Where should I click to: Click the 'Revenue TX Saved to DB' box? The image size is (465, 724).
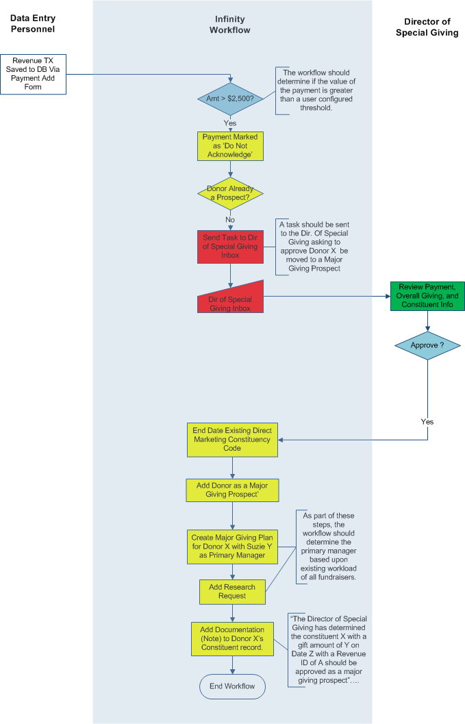34,75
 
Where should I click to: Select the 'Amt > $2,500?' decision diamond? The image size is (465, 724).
230,99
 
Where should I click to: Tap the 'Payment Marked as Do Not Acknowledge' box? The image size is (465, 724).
230,147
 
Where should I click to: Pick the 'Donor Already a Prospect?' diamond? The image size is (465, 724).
230,193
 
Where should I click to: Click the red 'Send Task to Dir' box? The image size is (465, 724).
230,247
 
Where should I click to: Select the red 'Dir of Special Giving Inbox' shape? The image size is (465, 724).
230,299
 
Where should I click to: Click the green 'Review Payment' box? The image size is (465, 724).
427,296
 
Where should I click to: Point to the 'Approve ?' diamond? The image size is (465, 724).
427,345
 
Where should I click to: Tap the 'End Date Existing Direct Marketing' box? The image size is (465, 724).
232,440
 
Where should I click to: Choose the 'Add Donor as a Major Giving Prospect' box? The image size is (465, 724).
232,490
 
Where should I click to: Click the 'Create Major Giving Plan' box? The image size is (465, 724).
232,547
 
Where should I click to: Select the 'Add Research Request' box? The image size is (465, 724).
232,592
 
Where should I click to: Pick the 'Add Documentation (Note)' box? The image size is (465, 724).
232,639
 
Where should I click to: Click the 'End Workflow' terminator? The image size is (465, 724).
232,686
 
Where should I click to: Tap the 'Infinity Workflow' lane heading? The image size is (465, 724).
230,25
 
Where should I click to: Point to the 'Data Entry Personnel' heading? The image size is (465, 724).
33,23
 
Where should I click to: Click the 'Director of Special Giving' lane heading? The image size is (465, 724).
427,27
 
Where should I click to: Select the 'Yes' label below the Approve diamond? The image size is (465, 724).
427,421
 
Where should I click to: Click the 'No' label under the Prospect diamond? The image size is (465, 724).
230,220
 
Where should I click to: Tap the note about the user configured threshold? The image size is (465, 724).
316,90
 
